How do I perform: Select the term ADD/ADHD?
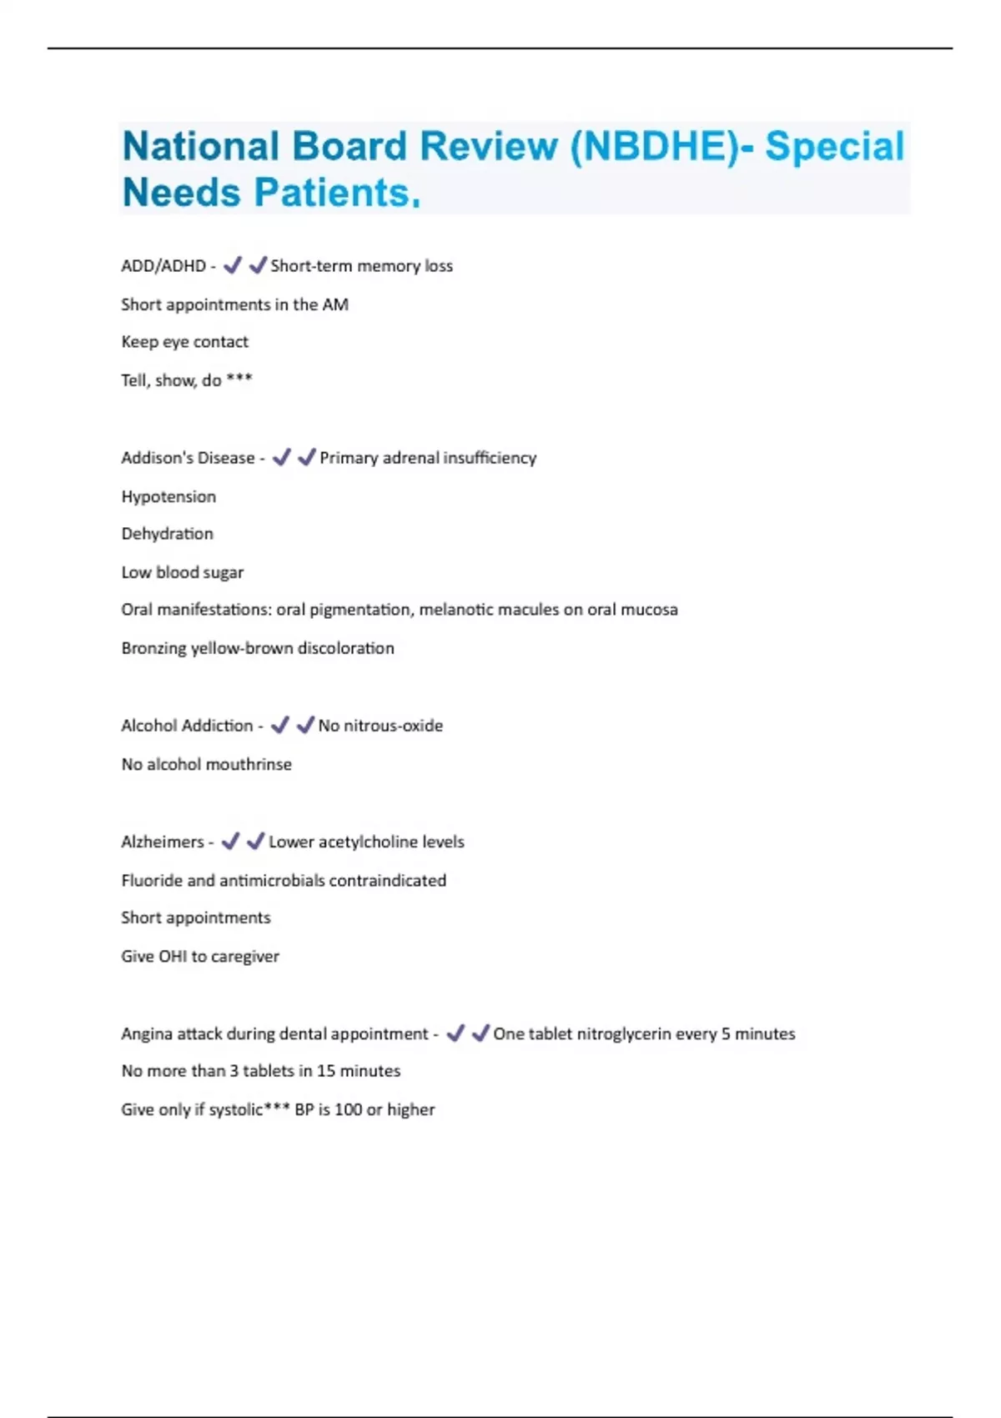tap(163, 266)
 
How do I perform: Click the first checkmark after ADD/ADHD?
tap(232, 265)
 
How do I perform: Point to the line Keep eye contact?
tap(184, 342)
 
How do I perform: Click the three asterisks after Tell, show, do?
tap(239, 380)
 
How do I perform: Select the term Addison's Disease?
tap(188, 458)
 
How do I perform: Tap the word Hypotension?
tap(169, 496)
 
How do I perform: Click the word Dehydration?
tap(167, 534)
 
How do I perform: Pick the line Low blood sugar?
tap(182, 572)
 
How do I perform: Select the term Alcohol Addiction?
tap(187, 726)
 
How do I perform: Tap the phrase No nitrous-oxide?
tap(380, 726)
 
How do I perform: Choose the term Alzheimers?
tap(162, 842)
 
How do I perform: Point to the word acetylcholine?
tap(367, 842)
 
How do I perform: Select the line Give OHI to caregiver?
tap(200, 956)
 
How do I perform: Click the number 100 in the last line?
tap(348, 1109)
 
